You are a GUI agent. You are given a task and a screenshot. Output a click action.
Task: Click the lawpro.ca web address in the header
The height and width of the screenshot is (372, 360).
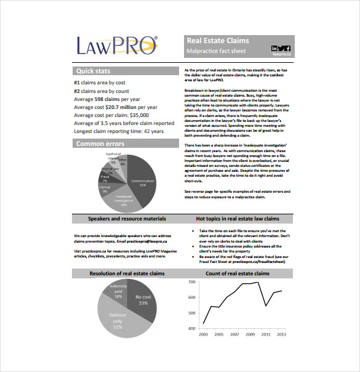pyautogui.click(x=281, y=55)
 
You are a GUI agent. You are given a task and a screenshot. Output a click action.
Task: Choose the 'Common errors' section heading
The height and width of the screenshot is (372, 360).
pyautogui.click(x=100, y=144)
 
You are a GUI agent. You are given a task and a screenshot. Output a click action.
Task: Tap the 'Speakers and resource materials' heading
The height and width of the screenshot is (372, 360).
pyautogui.click(x=127, y=219)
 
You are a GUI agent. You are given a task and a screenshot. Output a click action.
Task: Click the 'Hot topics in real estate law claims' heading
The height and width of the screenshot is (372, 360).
pyautogui.click(x=237, y=219)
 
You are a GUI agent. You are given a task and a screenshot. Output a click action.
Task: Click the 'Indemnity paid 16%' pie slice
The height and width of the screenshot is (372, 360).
pyautogui.click(x=117, y=291)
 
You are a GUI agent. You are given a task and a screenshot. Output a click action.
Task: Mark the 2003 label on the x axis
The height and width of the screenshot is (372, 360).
pyautogui.click(x=203, y=334)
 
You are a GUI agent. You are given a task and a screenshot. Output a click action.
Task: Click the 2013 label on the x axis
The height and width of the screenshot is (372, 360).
pyautogui.click(x=281, y=334)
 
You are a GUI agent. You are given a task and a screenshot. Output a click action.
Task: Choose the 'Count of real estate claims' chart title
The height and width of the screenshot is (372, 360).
pyautogui.click(x=237, y=273)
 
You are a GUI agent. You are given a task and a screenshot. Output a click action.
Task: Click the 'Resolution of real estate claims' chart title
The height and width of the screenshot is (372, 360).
pyautogui.click(x=127, y=273)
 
